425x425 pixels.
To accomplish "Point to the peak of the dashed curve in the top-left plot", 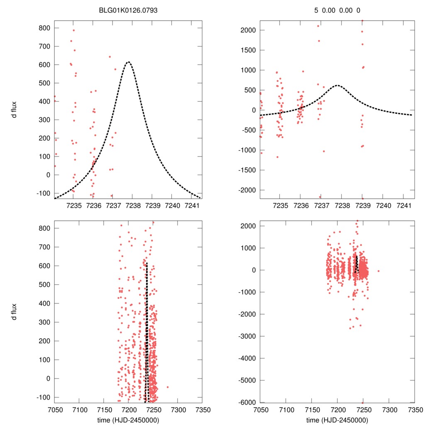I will click(x=128, y=62).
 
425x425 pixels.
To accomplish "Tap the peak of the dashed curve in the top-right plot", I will click(x=337, y=85).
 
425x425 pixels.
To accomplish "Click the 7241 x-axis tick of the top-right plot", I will click(x=403, y=205).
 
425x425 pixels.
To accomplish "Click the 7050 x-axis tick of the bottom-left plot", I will click(x=55, y=409).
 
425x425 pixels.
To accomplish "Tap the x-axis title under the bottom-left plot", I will click(x=128, y=420).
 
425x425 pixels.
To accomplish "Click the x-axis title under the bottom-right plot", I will click(x=337, y=420).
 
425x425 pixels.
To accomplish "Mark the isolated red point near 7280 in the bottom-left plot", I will click(x=168, y=387).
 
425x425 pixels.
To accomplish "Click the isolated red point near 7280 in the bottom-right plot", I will click(x=379, y=271).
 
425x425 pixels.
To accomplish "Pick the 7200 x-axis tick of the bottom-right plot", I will click(x=337, y=409).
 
